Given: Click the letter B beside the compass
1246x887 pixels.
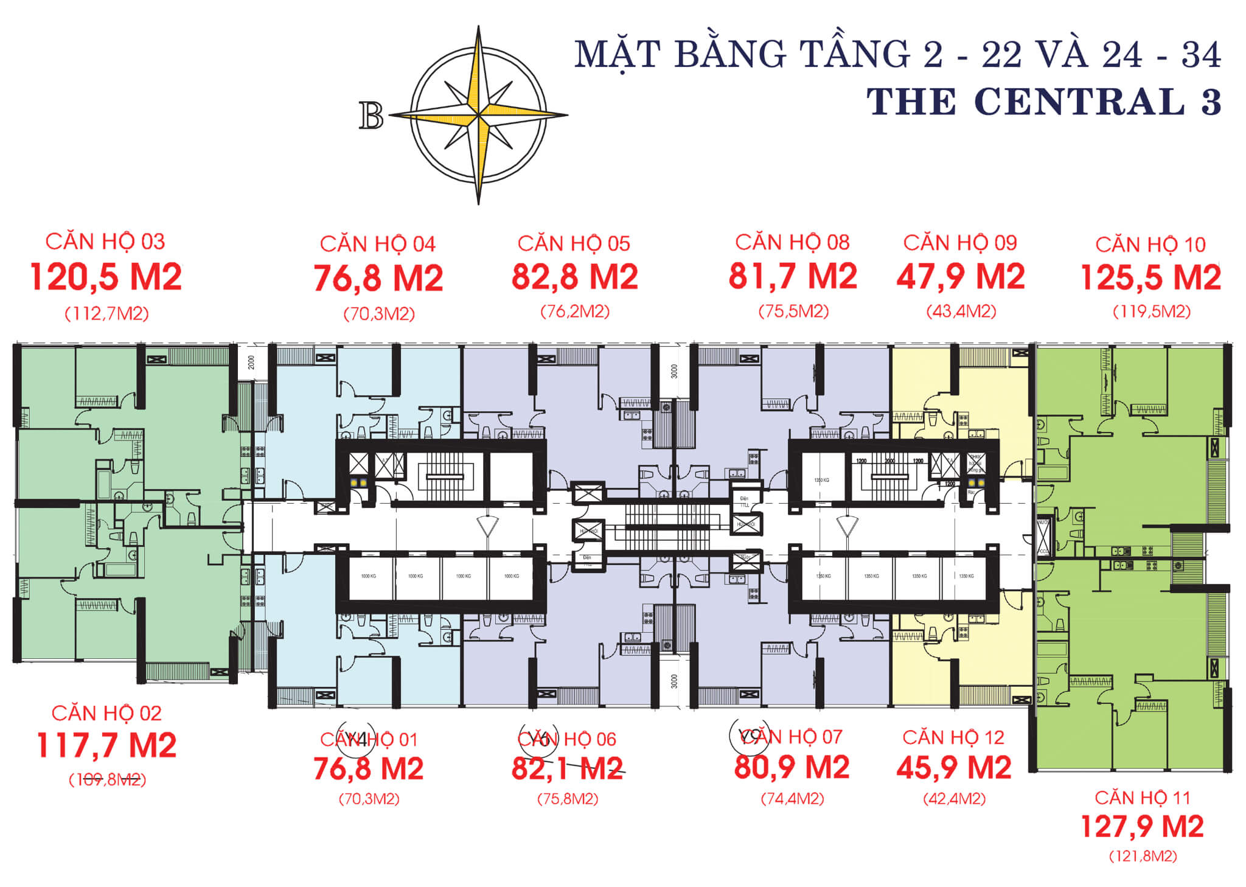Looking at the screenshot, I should coord(371,115).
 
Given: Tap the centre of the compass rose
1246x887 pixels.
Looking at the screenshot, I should coord(479,114).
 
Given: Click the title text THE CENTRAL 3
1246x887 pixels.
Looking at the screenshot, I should coord(1043,102).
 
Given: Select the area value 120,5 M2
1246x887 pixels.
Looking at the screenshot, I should coord(106,277).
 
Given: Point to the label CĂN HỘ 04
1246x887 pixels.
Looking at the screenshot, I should coord(378,245).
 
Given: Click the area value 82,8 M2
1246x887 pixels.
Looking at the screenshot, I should coord(574,277).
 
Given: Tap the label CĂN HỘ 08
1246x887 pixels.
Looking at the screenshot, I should coord(792,243).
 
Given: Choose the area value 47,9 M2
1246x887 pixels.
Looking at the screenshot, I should coord(960,277).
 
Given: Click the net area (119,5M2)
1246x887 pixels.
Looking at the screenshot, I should coord(1151,311).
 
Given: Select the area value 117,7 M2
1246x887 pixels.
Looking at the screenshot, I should coord(106,745).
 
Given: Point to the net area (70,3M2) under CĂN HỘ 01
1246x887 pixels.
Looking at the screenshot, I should coord(369,799).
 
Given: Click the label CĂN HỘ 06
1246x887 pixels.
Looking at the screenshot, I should coord(567,739).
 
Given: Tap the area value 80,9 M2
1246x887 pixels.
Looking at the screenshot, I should coord(792,768).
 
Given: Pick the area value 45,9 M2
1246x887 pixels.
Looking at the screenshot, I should coord(953,768).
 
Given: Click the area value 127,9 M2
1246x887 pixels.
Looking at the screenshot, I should coord(1142,827).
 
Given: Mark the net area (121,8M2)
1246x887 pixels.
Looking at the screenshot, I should coord(1143,857).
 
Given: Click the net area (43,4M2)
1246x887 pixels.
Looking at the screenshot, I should coord(961,311).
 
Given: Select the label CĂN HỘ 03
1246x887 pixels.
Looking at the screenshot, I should coord(105,242).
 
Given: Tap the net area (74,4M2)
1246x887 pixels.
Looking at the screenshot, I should coord(792,799).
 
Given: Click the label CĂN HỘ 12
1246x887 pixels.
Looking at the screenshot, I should coord(953,738).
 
